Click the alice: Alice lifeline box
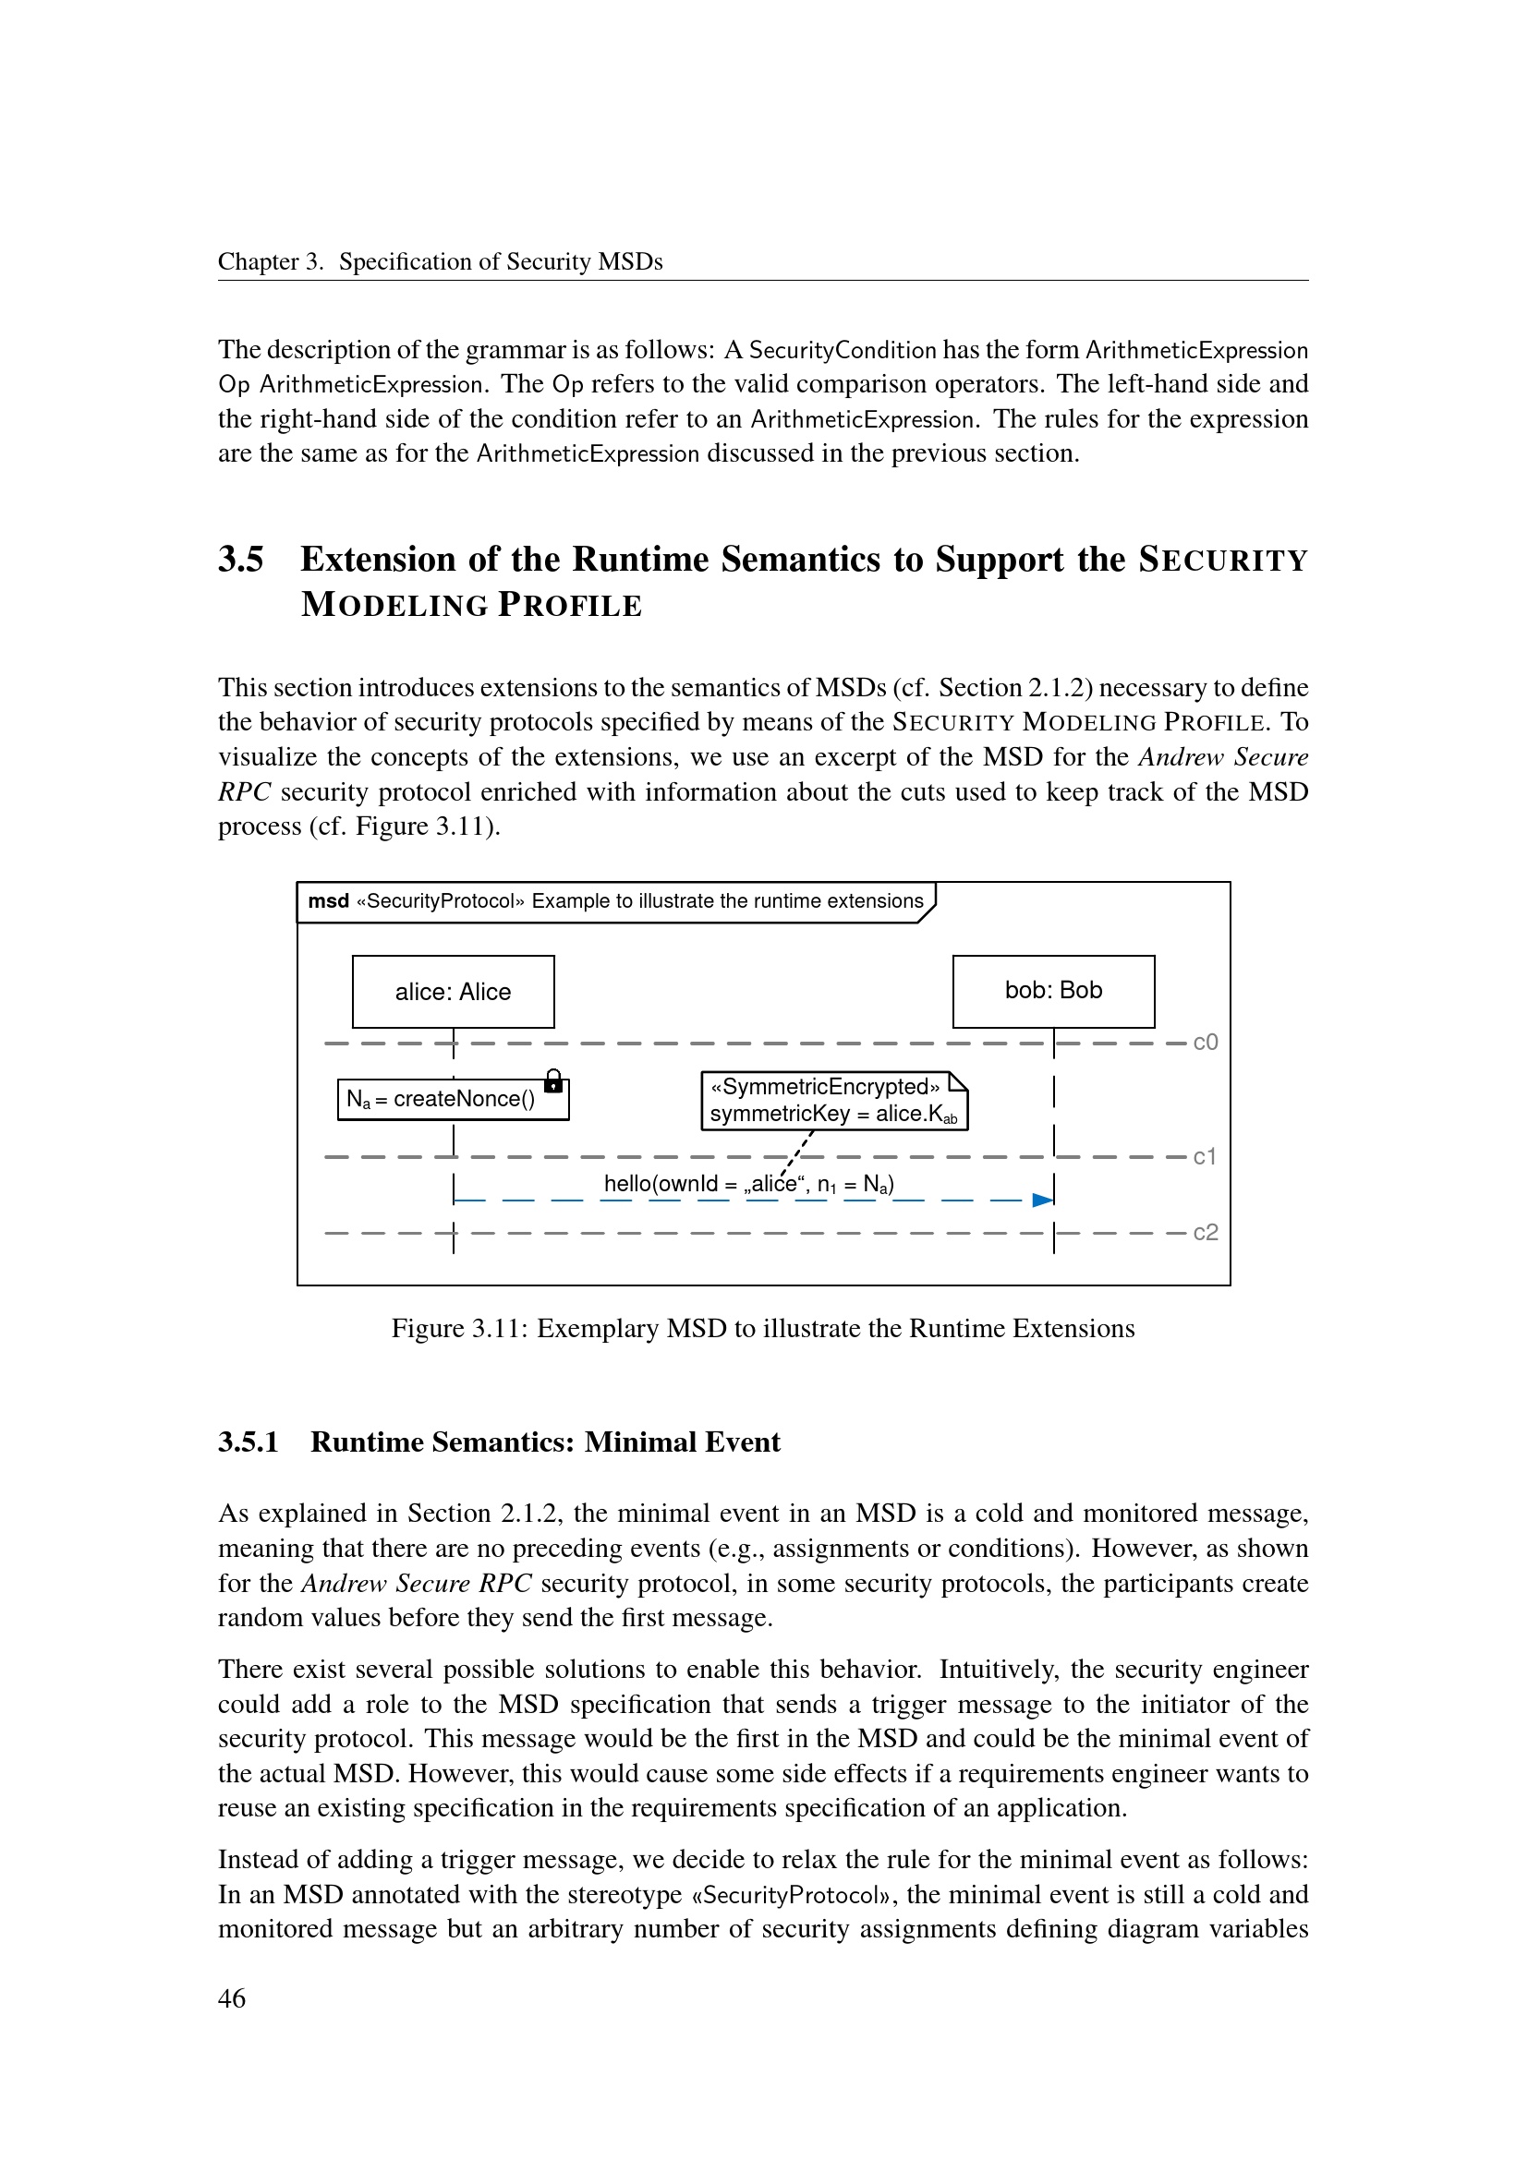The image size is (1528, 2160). pyautogui.click(x=453, y=992)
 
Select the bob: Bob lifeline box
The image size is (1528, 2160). pyautogui.click(x=1053, y=991)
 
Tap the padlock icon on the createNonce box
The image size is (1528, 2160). pyautogui.click(x=553, y=1082)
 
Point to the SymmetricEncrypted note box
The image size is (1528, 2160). pyautogui.click(x=833, y=1101)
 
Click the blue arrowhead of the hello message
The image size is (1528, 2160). pyautogui.click(x=1041, y=1200)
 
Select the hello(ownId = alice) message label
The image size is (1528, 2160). pyautogui.click(x=748, y=1184)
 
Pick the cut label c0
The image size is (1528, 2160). pyautogui.click(x=1206, y=1043)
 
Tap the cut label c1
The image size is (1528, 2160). pyautogui.click(x=1206, y=1156)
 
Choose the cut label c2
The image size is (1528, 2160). pyautogui.click(x=1206, y=1233)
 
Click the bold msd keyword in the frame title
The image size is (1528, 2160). pyautogui.click(x=328, y=901)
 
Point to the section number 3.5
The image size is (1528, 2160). pyautogui.click(x=241, y=560)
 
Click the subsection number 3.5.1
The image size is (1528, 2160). pyautogui.click(x=249, y=1442)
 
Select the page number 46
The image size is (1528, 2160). pyautogui.click(x=232, y=1998)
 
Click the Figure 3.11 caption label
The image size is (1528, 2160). pyautogui.click(x=459, y=1328)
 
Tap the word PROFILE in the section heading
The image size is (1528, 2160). pyautogui.click(x=569, y=605)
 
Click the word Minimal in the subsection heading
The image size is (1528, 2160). pyautogui.click(x=630, y=1442)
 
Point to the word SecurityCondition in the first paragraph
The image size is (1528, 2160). pyautogui.click(x=843, y=351)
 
